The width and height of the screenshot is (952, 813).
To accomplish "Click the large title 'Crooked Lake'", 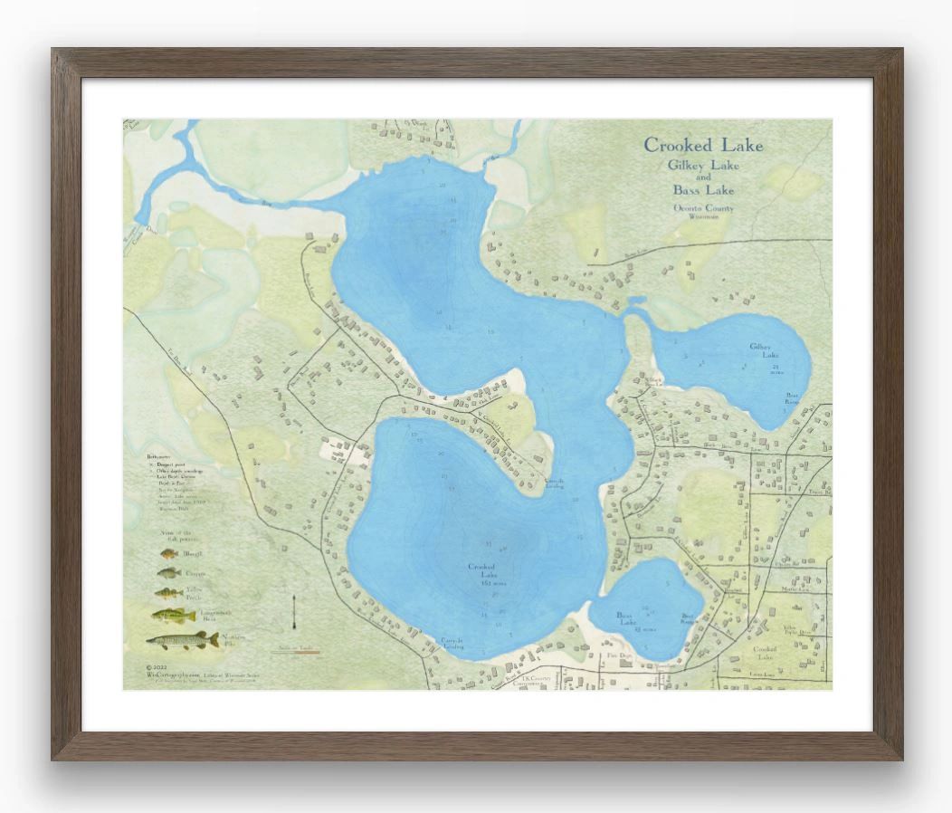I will (x=703, y=145).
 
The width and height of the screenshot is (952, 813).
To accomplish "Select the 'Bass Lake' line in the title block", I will (x=703, y=190).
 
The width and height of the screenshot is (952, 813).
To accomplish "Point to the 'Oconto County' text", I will (x=703, y=209).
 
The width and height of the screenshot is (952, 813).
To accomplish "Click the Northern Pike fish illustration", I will (x=182, y=641).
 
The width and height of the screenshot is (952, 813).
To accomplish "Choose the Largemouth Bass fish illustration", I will (x=173, y=616).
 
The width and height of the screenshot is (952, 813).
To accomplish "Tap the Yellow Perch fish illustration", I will (x=168, y=594).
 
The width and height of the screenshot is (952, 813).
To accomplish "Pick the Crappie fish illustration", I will (x=168, y=573).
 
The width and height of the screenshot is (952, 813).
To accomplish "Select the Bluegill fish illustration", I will (x=168, y=553).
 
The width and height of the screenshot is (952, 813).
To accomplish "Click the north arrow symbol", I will (x=295, y=615).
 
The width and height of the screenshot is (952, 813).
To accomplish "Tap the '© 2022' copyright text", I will (x=156, y=666).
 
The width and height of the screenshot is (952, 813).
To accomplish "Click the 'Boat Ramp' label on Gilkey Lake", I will (x=792, y=398).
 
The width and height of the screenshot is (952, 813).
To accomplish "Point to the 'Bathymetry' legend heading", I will (x=159, y=459).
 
